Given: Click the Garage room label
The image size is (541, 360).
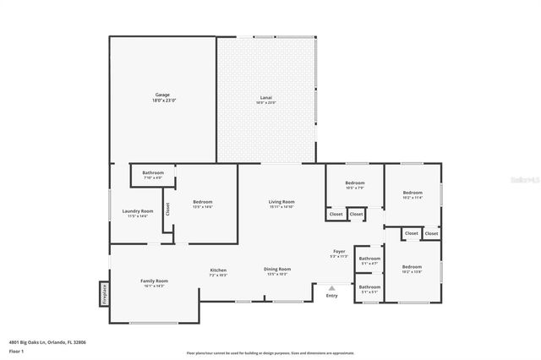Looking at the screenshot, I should [162, 95].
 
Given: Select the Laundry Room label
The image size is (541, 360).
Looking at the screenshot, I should [137, 212].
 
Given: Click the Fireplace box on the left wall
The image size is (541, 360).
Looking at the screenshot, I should [105, 293].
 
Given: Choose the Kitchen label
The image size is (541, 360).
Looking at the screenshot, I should [218, 272].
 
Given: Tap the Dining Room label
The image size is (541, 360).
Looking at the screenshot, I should [277, 271].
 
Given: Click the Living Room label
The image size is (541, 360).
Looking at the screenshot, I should [281, 203].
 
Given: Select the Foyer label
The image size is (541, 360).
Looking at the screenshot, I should [338, 253].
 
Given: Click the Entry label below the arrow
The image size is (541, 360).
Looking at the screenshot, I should [331, 295].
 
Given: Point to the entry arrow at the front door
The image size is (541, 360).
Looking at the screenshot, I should [331, 287].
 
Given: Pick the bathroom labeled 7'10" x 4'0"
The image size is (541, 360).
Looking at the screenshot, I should [153, 174].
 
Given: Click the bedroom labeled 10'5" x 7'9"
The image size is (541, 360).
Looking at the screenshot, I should [355, 184].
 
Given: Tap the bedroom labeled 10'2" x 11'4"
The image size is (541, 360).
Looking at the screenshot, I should [413, 194].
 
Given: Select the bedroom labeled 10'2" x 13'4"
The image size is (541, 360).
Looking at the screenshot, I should [412, 270].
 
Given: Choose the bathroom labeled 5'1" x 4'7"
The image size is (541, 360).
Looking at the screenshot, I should [369, 261].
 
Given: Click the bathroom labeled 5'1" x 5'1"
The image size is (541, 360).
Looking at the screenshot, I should [369, 289].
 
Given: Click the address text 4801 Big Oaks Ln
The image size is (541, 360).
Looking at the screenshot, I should [47, 342].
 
